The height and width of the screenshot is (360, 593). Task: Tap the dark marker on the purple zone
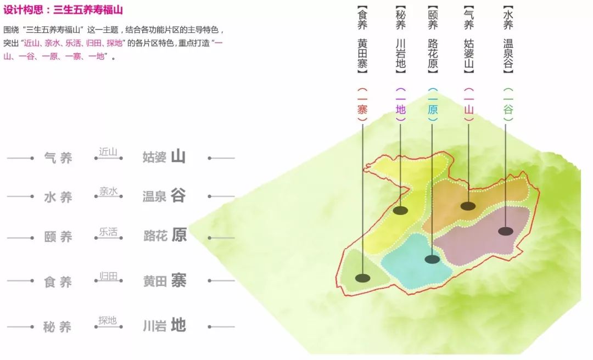[506, 231]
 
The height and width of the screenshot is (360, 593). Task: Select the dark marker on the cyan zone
[432, 259]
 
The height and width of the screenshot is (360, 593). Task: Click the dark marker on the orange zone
[468, 206]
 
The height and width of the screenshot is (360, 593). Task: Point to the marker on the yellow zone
[400, 210]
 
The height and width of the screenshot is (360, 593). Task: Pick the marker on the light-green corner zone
[362, 278]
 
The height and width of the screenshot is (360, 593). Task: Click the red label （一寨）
[362, 104]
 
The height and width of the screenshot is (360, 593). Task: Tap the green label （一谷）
[508, 104]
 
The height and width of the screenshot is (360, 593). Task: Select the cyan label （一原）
[433, 104]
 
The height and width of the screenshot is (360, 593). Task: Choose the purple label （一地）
[401, 104]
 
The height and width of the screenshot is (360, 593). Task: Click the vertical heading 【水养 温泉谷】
[508, 40]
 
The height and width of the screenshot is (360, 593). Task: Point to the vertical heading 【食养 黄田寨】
[362, 40]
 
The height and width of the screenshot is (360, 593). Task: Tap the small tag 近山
[108, 152]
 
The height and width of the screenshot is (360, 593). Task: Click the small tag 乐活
[108, 232]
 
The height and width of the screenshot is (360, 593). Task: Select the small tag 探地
[108, 320]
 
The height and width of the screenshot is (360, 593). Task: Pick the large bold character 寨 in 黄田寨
[178, 280]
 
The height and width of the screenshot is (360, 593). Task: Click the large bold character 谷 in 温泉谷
[178, 196]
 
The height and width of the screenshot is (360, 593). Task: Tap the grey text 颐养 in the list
[58, 238]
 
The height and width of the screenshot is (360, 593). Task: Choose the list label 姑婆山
[164, 157]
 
